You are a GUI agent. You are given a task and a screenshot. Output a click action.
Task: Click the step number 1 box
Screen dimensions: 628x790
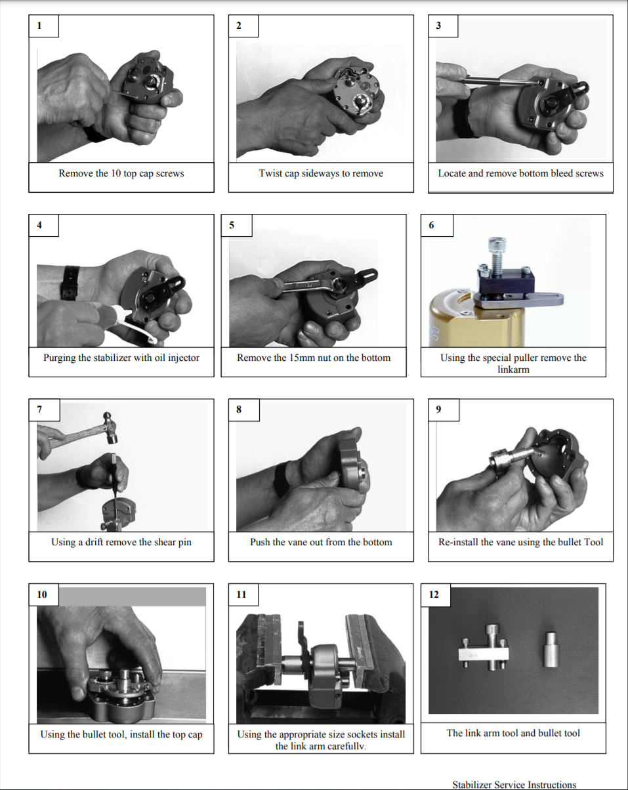[x=44, y=26]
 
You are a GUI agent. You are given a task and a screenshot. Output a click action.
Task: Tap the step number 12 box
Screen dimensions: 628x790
[x=436, y=594]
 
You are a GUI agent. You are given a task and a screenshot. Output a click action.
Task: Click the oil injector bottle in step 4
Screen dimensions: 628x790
[x=110, y=313]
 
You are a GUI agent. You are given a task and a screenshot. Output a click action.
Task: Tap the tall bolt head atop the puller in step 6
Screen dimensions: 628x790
[x=497, y=243]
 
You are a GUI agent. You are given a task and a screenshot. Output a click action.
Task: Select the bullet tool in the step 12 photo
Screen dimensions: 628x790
[x=551, y=650]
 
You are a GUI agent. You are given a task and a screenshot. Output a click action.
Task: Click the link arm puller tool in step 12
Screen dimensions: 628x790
[x=484, y=648]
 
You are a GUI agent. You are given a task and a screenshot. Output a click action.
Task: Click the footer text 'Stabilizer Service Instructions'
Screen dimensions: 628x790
[x=514, y=785]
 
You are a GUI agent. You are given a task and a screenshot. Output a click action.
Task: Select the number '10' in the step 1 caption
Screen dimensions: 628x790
[x=115, y=173]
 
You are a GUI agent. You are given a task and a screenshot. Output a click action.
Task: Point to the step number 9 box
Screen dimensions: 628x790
[x=444, y=409]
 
